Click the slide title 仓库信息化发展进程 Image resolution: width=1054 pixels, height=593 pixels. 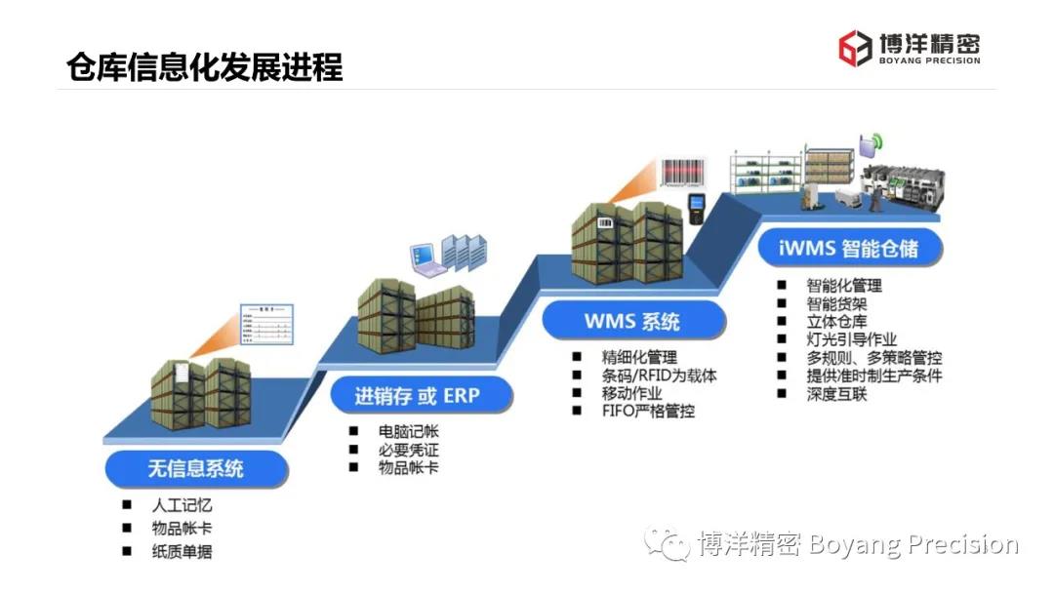pos(205,67)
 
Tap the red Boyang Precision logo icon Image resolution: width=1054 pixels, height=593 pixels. pos(856,48)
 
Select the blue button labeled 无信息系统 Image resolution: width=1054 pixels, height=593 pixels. pos(196,468)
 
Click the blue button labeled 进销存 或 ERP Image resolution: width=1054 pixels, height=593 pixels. pos(418,396)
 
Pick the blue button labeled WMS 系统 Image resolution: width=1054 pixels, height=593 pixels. pos(632,320)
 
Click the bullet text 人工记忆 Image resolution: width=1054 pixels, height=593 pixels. pos(182,505)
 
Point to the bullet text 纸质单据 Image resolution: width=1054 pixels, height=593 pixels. pos(182,551)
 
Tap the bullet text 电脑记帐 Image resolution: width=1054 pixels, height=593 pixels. pos(408,431)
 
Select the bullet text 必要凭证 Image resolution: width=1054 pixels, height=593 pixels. pos(408,450)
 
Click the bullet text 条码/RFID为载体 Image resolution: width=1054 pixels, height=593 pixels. pos(659,376)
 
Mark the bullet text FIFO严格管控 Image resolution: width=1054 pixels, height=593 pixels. pos(649,412)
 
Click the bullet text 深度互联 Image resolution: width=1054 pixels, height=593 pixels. pos(836,394)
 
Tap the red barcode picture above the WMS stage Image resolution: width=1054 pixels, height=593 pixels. pos(686,173)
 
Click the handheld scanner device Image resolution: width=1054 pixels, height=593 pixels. pos(696,208)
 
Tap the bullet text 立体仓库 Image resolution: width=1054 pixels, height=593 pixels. pos(836,322)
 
